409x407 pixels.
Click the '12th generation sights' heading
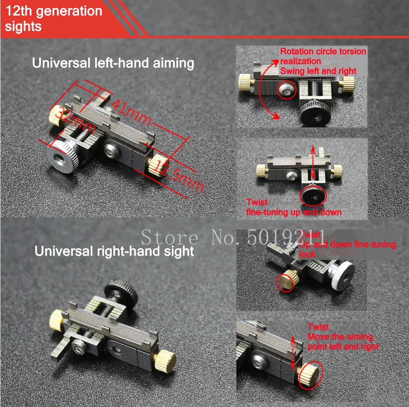(x=54, y=18)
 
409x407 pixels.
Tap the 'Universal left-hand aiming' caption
(x=113, y=63)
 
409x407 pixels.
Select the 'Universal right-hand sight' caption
(x=114, y=251)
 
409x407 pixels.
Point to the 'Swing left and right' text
(x=318, y=71)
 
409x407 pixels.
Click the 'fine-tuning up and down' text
(x=294, y=212)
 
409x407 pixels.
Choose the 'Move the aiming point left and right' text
(x=343, y=341)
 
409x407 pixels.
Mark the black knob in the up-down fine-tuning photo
(x=313, y=194)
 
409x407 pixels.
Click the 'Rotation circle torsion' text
(x=323, y=52)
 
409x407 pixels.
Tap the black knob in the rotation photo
(x=315, y=112)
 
